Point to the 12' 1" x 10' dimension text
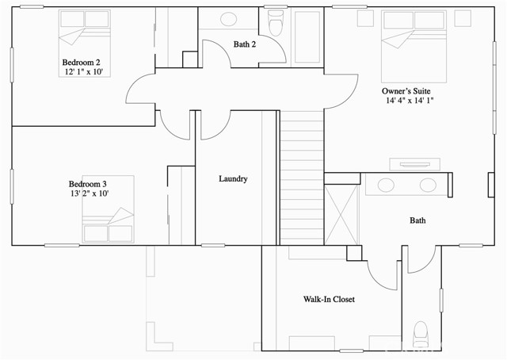coord(83,72)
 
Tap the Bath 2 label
coord(245,44)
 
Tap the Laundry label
coord(233,179)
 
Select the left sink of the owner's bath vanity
coord(386,186)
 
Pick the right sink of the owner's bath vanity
coord(427,186)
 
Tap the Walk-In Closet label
coord(328,300)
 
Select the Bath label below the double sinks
coord(417,220)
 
